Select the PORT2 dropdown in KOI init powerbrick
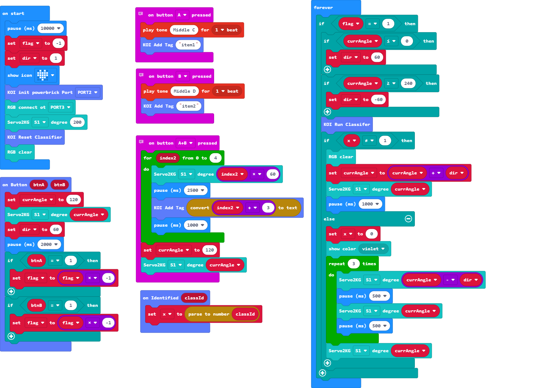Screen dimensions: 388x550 coord(87,92)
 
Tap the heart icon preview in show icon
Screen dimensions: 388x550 coord(43,75)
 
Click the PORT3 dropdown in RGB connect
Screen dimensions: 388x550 coord(60,107)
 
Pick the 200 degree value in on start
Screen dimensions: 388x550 coord(77,122)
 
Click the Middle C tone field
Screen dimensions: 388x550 coord(184,30)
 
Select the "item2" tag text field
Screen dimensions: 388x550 coord(189,106)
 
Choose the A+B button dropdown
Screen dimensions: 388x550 coord(186,143)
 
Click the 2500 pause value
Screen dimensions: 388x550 coord(195,190)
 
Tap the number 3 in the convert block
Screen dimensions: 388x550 coord(268,208)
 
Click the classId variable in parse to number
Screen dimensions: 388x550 coord(245,314)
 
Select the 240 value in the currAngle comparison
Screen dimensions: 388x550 coord(408,83)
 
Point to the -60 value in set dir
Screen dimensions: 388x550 coord(378,99)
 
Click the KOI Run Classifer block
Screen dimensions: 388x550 coord(347,124)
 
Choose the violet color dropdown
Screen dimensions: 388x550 coord(373,249)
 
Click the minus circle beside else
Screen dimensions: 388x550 coord(408,219)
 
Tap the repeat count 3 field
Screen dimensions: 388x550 coord(353,264)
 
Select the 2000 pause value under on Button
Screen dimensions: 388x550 coord(49,244)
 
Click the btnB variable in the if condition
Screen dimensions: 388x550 coord(36,305)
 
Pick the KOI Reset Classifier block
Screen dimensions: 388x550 coord(34,137)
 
